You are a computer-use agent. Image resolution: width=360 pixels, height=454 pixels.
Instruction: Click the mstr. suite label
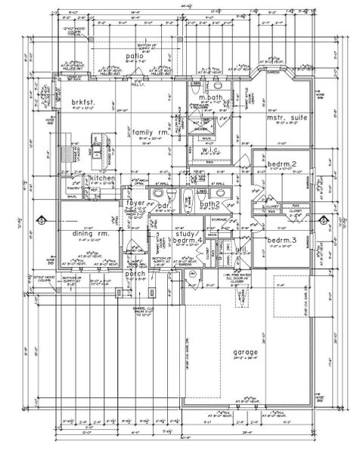[284, 118]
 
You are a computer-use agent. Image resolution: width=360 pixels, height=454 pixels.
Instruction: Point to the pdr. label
[162, 205]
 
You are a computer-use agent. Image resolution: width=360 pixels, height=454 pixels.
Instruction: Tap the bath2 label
[209, 205]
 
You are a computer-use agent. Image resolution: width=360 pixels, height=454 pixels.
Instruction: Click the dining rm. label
[79, 234]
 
